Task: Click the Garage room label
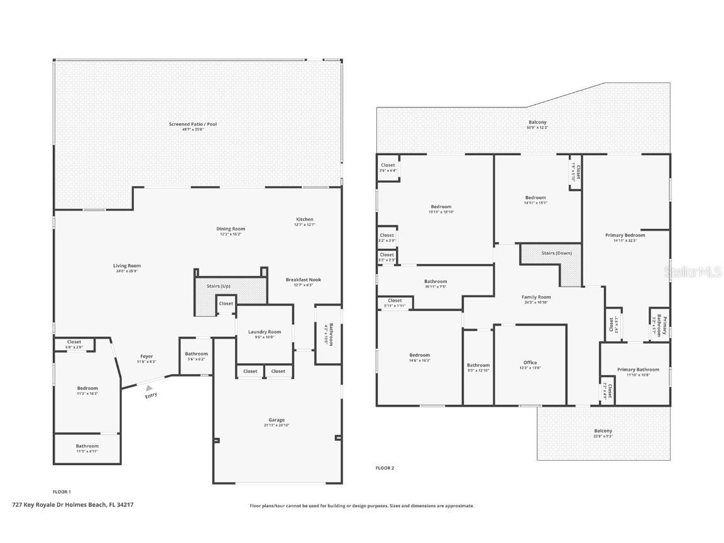pyautogui.click(x=277, y=420)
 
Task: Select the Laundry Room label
pyautogui.click(x=265, y=332)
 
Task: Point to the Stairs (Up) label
pyautogui.click(x=218, y=286)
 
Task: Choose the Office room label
pyautogui.click(x=530, y=363)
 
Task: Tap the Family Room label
pyautogui.click(x=536, y=297)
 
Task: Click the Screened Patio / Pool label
pyautogui.click(x=193, y=124)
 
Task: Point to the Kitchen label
pyautogui.click(x=304, y=219)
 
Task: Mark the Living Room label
pyautogui.click(x=127, y=266)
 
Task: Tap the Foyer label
pyautogui.click(x=146, y=356)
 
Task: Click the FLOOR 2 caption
pyautogui.click(x=385, y=468)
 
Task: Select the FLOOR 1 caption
pyautogui.click(x=62, y=491)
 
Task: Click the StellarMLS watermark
pyautogui.click(x=693, y=271)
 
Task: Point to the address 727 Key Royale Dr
pyautogui.click(x=73, y=505)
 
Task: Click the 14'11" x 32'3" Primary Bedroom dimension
pyautogui.click(x=625, y=241)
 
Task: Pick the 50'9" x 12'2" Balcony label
pyautogui.click(x=537, y=128)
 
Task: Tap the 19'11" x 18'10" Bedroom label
pyautogui.click(x=441, y=212)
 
